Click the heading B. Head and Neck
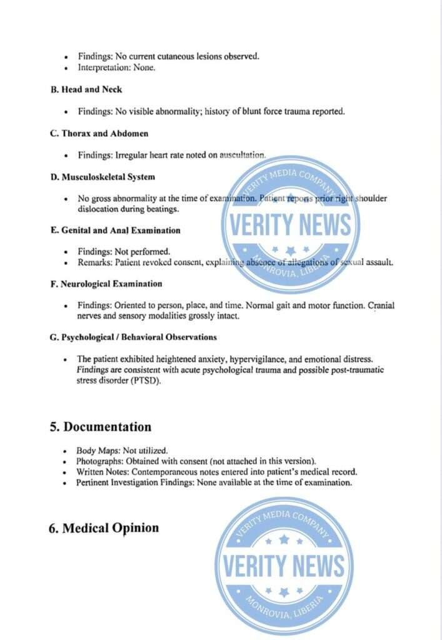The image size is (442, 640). pyautogui.click(x=87, y=90)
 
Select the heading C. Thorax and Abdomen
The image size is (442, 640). pyautogui.click(x=99, y=133)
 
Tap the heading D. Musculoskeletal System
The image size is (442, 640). pyautogui.click(x=103, y=177)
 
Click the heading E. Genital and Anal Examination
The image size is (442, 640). pyautogui.click(x=116, y=230)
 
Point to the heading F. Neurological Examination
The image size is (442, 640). pyautogui.click(x=106, y=284)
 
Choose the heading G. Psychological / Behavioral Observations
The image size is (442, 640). pyautogui.click(x=134, y=337)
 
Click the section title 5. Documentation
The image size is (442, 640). pyautogui.click(x=101, y=427)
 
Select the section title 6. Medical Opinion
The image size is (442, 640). pyautogui.click(x=104, y=528)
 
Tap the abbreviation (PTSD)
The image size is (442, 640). pyautogui.click(x=146, y=381)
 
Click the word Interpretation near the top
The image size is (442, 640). pyautogui.click(x=103, y=67)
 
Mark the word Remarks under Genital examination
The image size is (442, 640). pyautogui.click(x=94, y=262)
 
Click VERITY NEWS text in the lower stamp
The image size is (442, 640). pyautogui.click(x=283, y=566)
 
